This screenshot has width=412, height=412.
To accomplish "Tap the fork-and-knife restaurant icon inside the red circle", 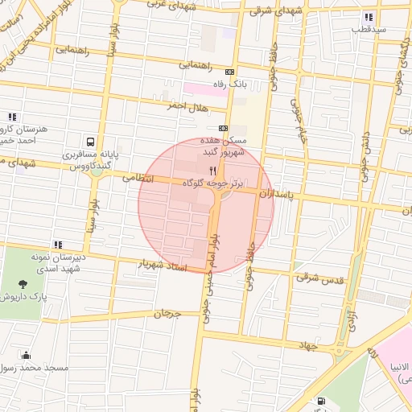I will [x=213, y=171].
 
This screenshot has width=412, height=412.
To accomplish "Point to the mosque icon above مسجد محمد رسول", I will [x=27, y=355].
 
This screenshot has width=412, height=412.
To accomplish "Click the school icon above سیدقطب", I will [x=369, y=17].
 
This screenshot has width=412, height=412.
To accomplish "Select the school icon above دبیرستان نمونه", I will [x=57, y=244].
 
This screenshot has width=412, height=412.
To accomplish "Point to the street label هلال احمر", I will [x=187, y=106].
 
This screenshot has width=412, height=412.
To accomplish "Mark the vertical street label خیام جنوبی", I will [x=299, y=121].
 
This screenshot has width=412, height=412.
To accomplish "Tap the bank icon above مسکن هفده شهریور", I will [x=223, y=128].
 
